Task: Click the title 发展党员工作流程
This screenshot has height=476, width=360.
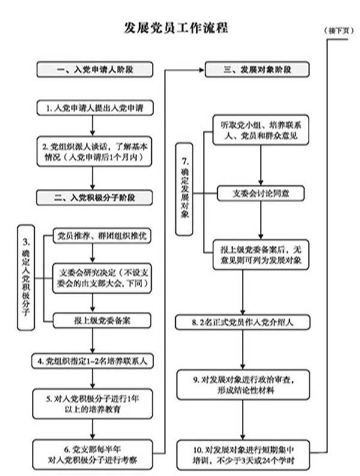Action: pos(176,28)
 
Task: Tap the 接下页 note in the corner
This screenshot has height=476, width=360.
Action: pos(339,31)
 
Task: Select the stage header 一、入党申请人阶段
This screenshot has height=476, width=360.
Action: pos(95,70)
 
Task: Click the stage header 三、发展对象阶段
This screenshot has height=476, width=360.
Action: pos(257,70)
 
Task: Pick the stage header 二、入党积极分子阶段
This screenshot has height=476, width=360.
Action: pos(94,198)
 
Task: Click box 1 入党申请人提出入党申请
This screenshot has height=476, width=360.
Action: pos(95,108)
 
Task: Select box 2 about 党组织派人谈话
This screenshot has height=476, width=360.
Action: pos(94,152)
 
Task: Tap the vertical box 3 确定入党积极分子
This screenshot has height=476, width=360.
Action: pos(26,278)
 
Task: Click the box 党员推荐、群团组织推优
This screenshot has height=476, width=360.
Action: pos(102,236)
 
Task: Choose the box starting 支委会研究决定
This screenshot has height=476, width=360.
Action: pos(102,278)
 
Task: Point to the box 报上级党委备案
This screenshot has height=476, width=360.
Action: pos(102,321)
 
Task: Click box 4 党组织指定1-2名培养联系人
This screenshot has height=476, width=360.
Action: pos(92,361)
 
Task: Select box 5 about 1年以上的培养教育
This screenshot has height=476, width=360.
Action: pos(92,404)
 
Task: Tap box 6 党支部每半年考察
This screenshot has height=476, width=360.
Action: pos(92,454)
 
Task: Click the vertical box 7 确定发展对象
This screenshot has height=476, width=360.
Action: pos(184,189)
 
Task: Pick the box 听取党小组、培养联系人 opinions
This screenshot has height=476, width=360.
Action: pos(260,130)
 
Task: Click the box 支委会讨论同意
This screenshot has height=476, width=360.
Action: pos(260,194)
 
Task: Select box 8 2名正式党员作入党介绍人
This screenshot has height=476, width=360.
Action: pos(243,322)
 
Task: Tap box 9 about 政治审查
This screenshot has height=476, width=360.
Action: pos(244,385)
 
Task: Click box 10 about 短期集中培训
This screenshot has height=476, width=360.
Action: pos(244,455)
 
